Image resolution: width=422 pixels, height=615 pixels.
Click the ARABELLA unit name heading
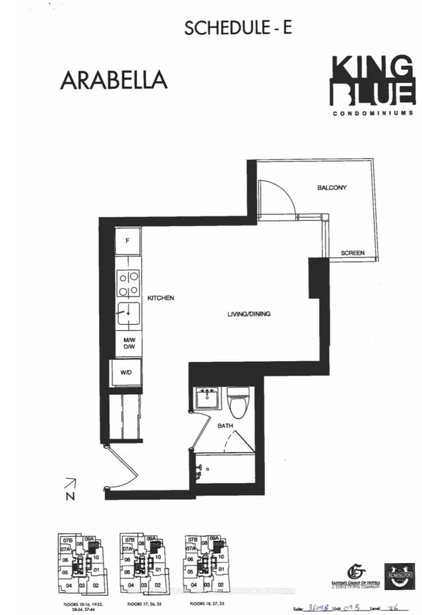pos(113,78)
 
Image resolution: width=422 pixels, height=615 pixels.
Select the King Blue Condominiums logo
pos(373,86)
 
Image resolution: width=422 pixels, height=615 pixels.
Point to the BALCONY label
pos(332,188)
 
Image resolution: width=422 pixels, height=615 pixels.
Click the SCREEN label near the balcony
pos(353,253)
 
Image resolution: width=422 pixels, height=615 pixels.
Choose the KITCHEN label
pos(161,298)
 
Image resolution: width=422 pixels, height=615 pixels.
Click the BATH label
pos(226,426)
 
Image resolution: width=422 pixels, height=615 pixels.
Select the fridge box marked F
pos(128,241)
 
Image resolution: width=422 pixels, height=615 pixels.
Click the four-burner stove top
pos(128,283)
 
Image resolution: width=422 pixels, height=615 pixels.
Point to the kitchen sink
pos(128,315)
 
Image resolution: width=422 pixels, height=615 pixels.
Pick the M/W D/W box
pos(129,344)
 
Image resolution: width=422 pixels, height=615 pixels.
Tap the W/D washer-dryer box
pos(126,372)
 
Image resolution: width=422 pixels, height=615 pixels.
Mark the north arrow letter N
pos(69,496)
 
